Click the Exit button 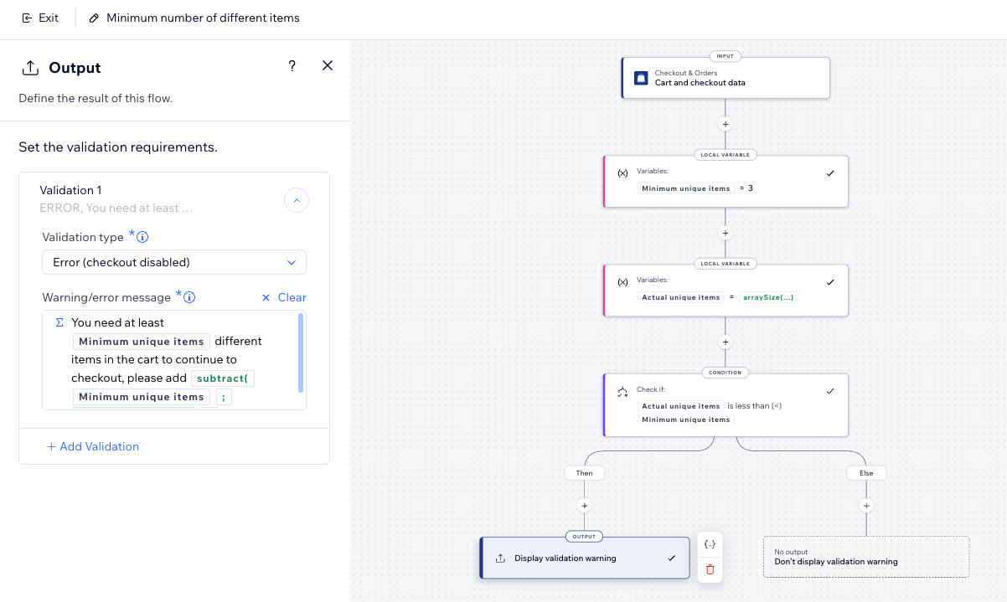pyautogui.click(x=40, y=18)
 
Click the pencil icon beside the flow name pyautogui.click(x=94, y=18)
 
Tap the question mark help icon pyautogui.click(x=292, y=66)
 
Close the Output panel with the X pyautogui.click(x=328, y=65)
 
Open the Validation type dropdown pyautogui.click(x=174, y=262)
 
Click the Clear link pyautogui.click(x=284, y=297)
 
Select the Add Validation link pyautogui.click(x=93, y=446)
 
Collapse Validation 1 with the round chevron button pyautogui.click(x=297, y=200)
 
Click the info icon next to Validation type pyautogui.click(x=142, y=237)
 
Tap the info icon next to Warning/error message pyautogui.click(x=189, y=297)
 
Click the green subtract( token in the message pyautogui.click(x=223, y=378)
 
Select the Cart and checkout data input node pyautogui.click(x=726, y=78)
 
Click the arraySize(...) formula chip pyautogui.click(x=768, y=297)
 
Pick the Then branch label pyautogui.click(x=584, y=473)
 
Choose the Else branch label pyautogui.click(x=866, y=473)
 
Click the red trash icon pyautogui.click(x=710, y=569)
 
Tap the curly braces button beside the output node pyautogui.click(x=710, y=544)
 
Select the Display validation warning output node pyautogui.click(x=585, y=558)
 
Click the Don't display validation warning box pyautogui.click(x=866, y=557)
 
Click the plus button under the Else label pyautogui.click(x=866, y=506)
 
